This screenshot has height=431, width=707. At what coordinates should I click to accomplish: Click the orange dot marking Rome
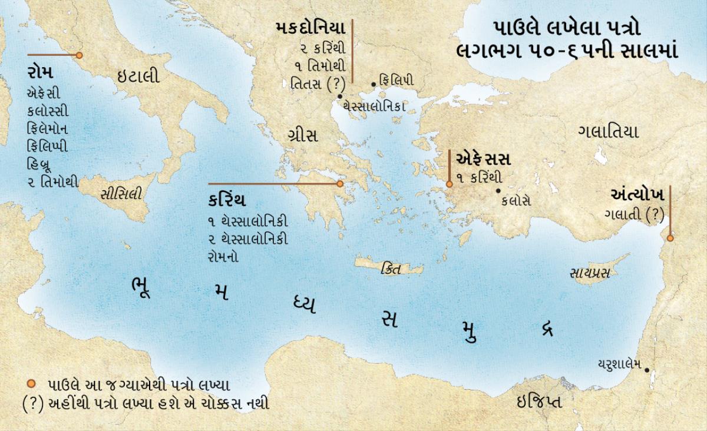79,55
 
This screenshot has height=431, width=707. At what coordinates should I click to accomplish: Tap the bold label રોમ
40,74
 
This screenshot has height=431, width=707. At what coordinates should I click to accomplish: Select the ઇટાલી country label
138,76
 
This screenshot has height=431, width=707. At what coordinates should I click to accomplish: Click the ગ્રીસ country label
303,136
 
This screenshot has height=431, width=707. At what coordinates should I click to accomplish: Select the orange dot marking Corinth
340,184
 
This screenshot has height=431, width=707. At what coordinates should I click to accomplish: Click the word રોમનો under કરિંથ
222,257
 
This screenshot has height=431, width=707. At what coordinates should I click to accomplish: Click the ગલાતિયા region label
608,132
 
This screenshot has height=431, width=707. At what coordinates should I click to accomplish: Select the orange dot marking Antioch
670,238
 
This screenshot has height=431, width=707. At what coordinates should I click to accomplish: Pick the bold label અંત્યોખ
638,195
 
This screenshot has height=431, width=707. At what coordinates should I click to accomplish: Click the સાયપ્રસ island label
589,273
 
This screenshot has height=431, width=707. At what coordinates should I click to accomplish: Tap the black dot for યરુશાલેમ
647,370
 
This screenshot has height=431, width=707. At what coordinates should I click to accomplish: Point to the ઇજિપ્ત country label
538,402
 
